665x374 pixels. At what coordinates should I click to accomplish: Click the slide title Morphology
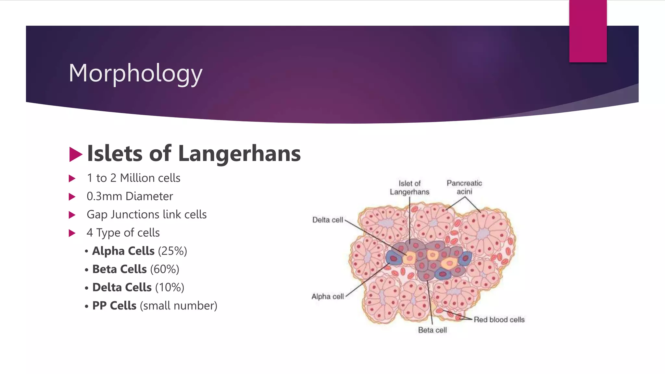tap(135, 73)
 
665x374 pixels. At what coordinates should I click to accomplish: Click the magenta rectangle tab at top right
tap(588, 31)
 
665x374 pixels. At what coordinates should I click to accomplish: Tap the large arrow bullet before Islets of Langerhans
tap(76, 154)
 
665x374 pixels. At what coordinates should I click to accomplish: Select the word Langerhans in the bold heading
tap(239, 153)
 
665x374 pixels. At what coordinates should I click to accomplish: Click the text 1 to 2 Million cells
tap(133, 178)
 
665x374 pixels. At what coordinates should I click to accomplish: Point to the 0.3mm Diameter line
tap(130, 196)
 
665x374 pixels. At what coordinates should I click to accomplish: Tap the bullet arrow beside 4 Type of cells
tap(72, 233)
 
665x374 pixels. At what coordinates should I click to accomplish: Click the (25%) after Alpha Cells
tap(172, 251)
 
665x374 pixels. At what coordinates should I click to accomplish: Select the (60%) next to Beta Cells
tap(165, 269)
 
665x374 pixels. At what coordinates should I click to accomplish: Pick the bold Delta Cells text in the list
tap(122, 287)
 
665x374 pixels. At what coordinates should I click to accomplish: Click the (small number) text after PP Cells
tap(178, 305)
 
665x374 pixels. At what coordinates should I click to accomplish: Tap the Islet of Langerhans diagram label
tap(409, 188)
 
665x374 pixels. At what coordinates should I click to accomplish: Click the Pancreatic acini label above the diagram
tap(464, 187)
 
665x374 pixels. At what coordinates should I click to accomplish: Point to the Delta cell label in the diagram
tap(327, 220)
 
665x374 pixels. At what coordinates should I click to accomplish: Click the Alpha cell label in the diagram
tap(327, 296)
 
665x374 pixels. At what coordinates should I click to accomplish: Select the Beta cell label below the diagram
tap(432, 330)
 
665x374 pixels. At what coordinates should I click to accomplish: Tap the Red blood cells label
tap(499, 319)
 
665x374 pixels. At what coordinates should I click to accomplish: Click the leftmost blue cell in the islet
tap(394, 258)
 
